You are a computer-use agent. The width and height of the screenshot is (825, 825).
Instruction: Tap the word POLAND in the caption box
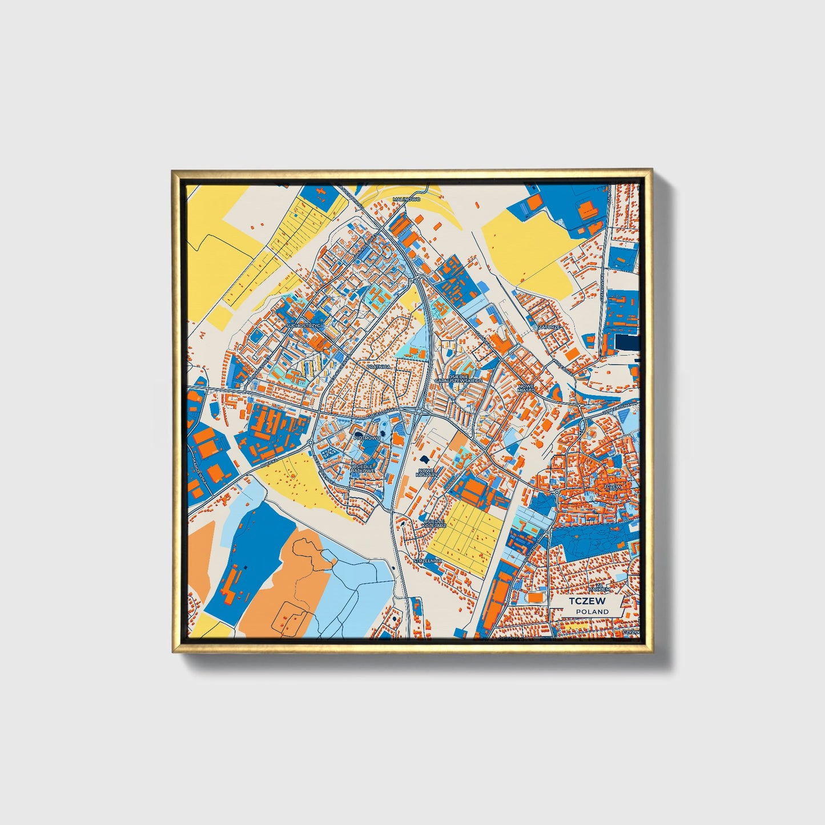[x=592, y=611]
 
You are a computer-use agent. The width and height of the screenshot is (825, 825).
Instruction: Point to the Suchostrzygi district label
[x=305, y=325]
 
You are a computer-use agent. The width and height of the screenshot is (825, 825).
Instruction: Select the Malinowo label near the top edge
[x=407, y=199]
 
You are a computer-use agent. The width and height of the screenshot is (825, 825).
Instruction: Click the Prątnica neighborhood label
[x=379, y=366]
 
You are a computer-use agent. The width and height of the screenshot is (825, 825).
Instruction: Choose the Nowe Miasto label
[x=526, y=388]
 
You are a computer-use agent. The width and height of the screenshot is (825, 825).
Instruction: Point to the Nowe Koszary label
[x=426, y=473]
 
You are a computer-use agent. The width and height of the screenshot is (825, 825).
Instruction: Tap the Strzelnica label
[x=428, y=561]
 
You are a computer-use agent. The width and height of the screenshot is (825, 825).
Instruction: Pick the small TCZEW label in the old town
[x=612, y=486]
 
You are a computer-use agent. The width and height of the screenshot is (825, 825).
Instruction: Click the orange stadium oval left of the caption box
[x=536, y=596]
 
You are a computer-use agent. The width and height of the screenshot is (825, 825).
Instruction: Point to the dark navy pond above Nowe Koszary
[x=424, y=458]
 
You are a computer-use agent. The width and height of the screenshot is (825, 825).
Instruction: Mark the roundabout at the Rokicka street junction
[x=309, y=442]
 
